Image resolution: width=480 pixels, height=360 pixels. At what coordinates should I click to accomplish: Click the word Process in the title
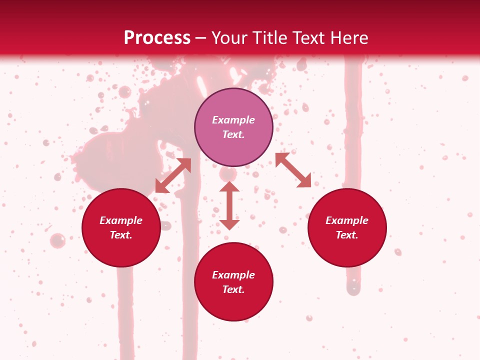[x=157, y=38]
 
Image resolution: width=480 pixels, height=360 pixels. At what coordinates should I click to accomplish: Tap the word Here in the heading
[x=350, y=38]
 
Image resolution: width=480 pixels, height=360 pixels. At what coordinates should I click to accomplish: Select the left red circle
[x=121, y=247]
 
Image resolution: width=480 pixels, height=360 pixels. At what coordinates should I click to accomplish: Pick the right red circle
[x=347, y=247]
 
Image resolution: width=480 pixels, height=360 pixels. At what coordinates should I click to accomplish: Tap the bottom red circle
[x=233, y=305]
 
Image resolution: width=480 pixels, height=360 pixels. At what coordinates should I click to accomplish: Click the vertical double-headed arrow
[x=229, y=205]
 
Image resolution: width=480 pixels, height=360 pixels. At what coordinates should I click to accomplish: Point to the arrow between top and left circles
[x=173, y=175]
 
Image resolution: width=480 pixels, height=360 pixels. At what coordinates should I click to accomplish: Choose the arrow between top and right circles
[x=293, y=170]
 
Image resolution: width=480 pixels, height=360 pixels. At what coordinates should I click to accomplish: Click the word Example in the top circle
[x=233, y=120]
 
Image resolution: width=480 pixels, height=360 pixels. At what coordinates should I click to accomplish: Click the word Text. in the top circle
[x=233, y=134]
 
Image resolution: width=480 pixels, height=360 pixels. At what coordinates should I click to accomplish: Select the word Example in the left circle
[x=121, y=220]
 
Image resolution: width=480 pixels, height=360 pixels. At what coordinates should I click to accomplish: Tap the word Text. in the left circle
[x=121, y=235]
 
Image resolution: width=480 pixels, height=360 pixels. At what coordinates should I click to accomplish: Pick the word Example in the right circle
[x=347, y=220]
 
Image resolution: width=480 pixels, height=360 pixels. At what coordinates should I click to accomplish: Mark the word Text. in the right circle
[x=347, y=235]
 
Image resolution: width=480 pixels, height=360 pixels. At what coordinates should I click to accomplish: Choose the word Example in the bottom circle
[x=233, y=275]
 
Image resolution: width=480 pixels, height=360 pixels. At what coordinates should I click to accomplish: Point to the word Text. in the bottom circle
[x=233, y=289]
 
